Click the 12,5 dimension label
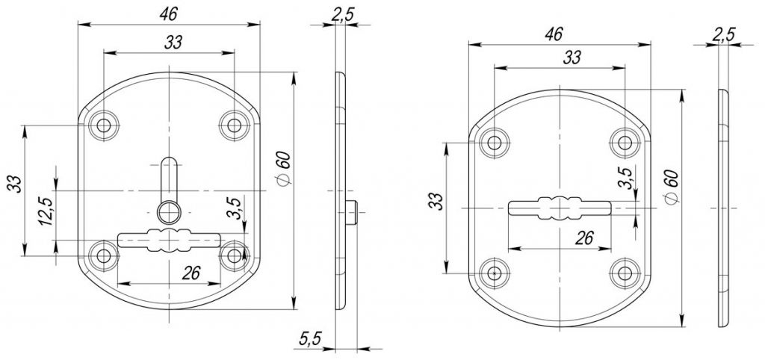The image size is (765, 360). (46, 210)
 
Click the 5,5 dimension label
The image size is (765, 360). (309, 338)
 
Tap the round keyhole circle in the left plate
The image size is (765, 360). (169, 212)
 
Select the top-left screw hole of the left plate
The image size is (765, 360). (103, 125)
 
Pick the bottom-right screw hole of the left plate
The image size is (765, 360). (234, 255)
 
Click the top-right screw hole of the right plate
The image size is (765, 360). (625, 143)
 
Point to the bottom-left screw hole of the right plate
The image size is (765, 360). (495, 273)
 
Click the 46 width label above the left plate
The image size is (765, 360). (168, 14)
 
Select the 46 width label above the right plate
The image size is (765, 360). (554, 34)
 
